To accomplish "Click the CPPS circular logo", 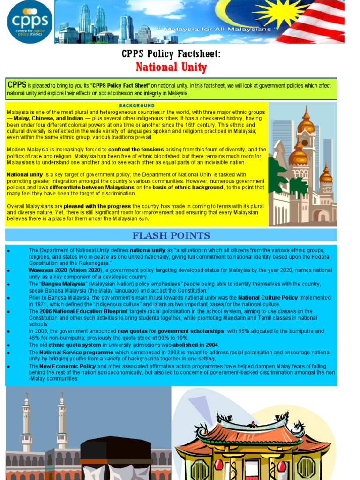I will (30, 22).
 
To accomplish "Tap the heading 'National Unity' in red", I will (171, 67).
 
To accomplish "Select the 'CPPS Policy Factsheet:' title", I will (171, 53).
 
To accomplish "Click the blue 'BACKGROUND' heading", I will (136, 106).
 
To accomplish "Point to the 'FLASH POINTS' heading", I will (171, 235).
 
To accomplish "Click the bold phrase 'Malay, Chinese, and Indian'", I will (48, 119).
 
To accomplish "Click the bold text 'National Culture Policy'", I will (268, 298).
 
